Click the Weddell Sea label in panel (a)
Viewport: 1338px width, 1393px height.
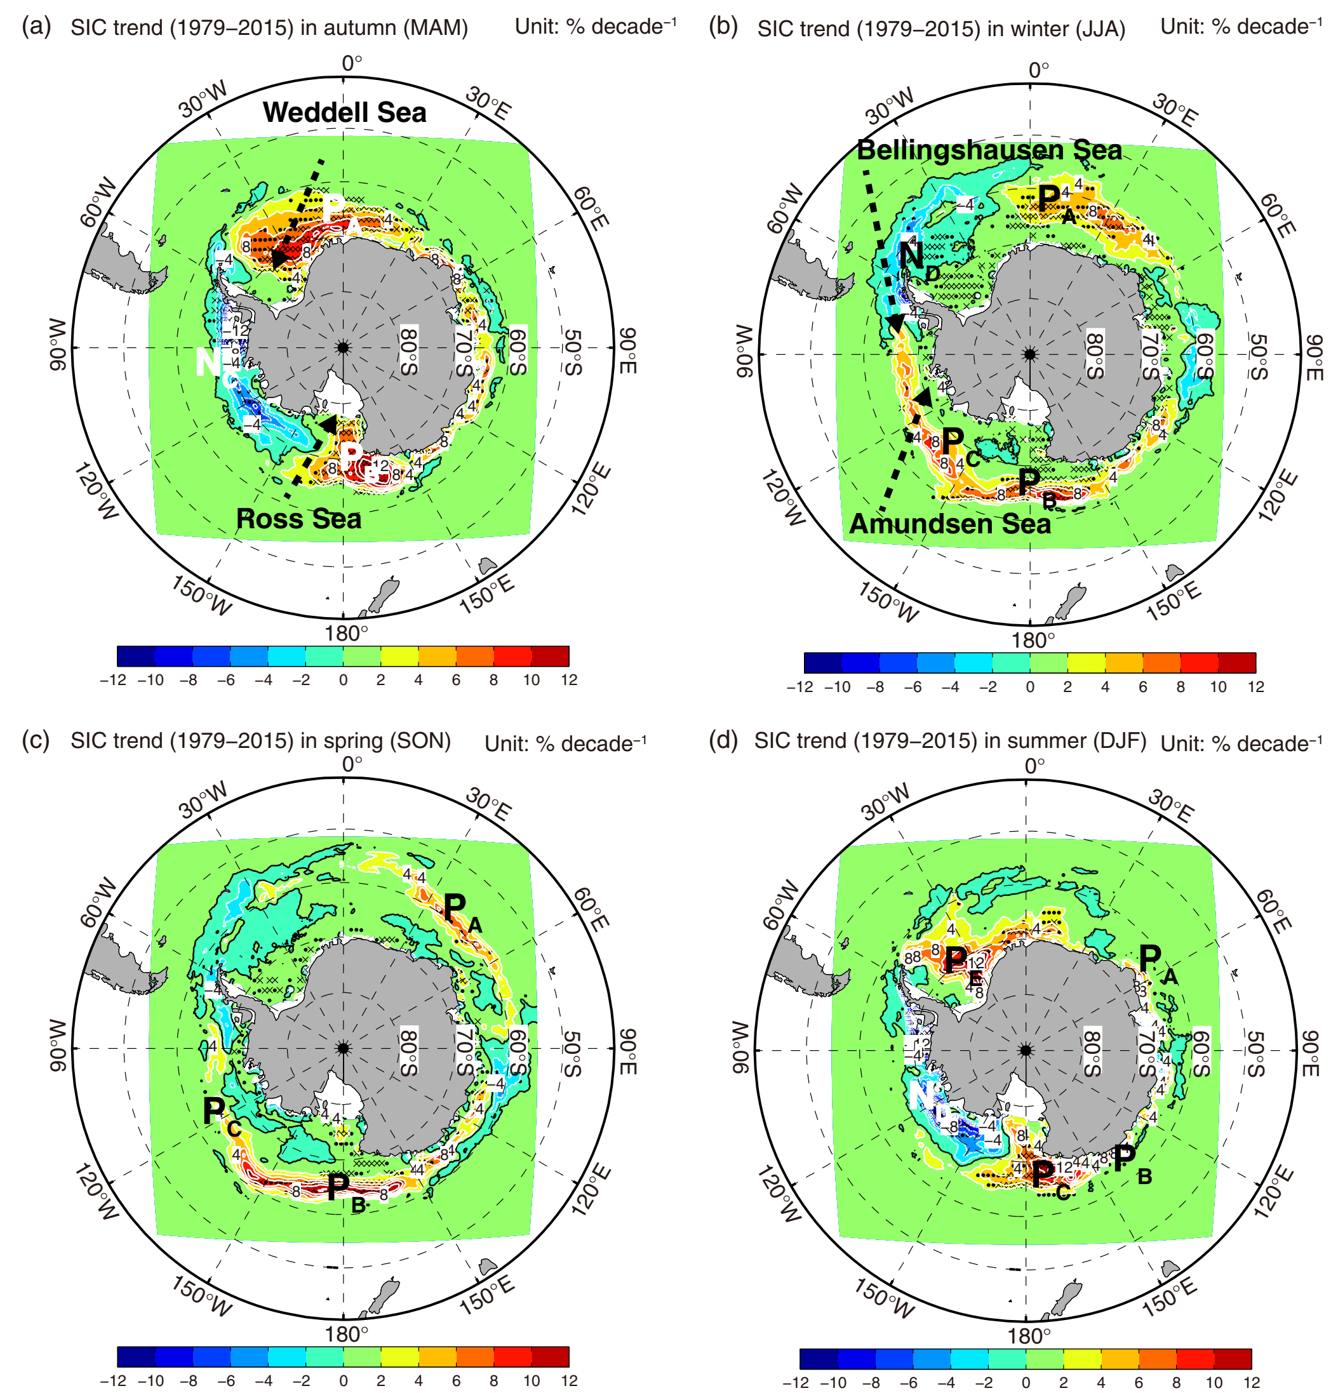coord(344,112)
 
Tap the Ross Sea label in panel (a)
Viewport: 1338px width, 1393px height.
coord(298,519)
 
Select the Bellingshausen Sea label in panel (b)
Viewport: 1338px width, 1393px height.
coord(989,150)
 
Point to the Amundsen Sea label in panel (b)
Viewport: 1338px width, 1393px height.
coord(950,524)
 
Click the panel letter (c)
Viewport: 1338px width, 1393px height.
coord(36,740)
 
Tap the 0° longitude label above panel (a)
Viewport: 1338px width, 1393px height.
coord(352,64)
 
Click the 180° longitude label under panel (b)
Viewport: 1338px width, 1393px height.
coord(1033,641)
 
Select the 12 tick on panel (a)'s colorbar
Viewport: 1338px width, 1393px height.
coord(569,680)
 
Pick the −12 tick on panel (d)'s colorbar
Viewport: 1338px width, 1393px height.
coord(796,1382)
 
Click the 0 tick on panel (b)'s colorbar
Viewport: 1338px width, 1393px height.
coord(1029,687)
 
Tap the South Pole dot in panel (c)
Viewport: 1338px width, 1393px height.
coord(344,1048)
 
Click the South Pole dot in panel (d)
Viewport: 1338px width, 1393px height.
coord(1025,1050)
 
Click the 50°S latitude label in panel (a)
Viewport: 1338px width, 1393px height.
coord(573,352)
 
